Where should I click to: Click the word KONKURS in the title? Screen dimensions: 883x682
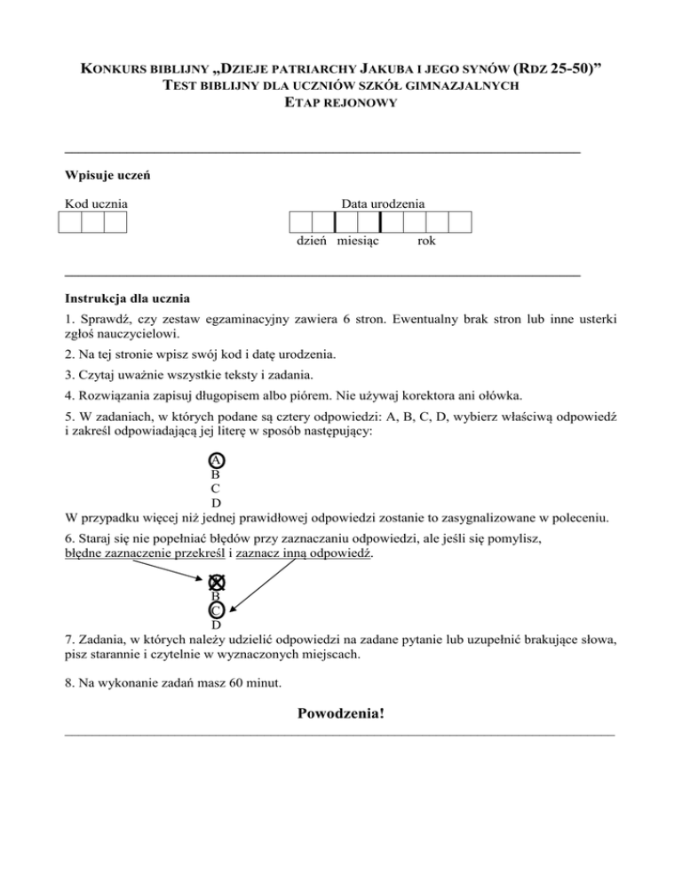point(116,69)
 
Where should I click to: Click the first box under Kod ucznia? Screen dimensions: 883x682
point(69,222)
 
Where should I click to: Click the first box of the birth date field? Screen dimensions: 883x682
point(300,222)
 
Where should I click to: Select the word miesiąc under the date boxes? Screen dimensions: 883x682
point(359,242)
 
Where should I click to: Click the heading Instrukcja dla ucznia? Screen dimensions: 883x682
point(127,298)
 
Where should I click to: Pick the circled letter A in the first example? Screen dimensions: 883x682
point(216,460)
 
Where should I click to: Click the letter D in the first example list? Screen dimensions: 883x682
point(216,504)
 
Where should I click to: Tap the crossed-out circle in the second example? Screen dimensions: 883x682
point(216,582)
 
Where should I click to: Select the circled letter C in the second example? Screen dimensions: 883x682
point(216,610)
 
